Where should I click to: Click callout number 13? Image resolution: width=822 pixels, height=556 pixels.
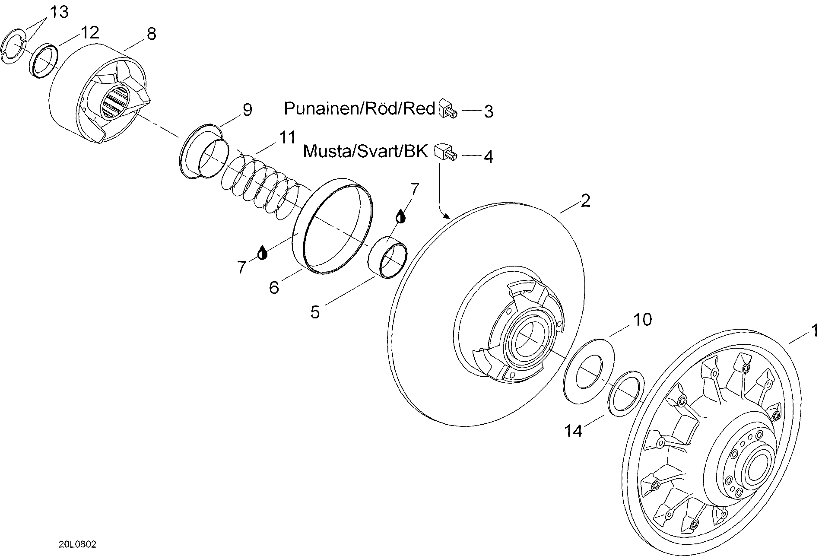[x=59, y=12]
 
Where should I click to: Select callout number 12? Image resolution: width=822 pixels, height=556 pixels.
[x=90, y=32]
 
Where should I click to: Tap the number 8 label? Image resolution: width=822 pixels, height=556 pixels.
[x=151, y=34]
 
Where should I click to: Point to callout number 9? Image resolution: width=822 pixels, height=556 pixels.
[x=247, y=110]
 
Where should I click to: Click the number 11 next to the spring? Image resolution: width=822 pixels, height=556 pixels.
[x=287, y=137]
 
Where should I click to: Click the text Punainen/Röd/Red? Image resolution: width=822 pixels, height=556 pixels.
[x=359, y=108]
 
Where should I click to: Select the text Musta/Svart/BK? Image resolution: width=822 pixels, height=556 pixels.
[x=365, y=151]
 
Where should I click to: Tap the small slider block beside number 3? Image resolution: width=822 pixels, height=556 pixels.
[x=447, y=108]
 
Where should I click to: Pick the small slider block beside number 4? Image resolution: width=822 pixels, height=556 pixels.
[x=446, y=152]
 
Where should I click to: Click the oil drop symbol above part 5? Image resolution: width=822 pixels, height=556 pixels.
[x=401, y=216]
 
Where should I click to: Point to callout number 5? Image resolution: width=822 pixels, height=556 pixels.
[x=315, y=312]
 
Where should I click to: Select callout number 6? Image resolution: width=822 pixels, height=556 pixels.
[x=274, y=288]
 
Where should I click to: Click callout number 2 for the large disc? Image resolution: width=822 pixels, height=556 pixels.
[x=585, y=200]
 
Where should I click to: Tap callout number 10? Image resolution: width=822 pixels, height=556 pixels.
[x=642, y=320]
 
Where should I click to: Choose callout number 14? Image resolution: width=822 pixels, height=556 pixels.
[x=574, y=431]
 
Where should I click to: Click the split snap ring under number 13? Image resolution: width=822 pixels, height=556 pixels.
[x=15, y=44]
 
